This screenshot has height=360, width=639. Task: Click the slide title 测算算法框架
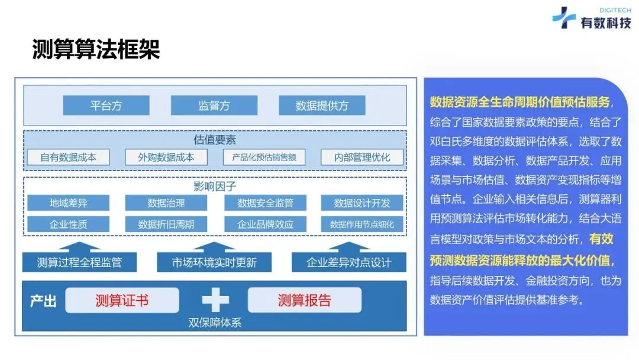click(96, 50)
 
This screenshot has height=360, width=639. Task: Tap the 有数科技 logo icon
click(564, 18)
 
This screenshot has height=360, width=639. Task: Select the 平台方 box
click(106, 106)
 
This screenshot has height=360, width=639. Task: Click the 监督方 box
click(214, 106)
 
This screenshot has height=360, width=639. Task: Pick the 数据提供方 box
click(322, 106)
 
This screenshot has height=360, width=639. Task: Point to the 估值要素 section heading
click(215, 140)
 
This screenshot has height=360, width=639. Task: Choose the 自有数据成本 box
click(68, 157)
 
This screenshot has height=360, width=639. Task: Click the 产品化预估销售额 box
click(264, 157)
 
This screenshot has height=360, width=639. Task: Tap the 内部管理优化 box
click(362, 157)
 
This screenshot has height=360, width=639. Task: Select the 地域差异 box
click(68, 203)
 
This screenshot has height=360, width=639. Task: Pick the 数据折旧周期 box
click(166, 224)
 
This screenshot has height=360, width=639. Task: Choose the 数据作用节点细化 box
click(362, 224)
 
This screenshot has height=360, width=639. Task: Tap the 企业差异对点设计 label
click(348, 262)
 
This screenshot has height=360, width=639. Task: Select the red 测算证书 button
click(122, 300)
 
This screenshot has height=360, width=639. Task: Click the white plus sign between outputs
click(215, 301)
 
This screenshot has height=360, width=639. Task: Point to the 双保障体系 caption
click(215, 323)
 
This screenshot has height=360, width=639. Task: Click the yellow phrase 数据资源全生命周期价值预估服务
click(519, 101)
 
